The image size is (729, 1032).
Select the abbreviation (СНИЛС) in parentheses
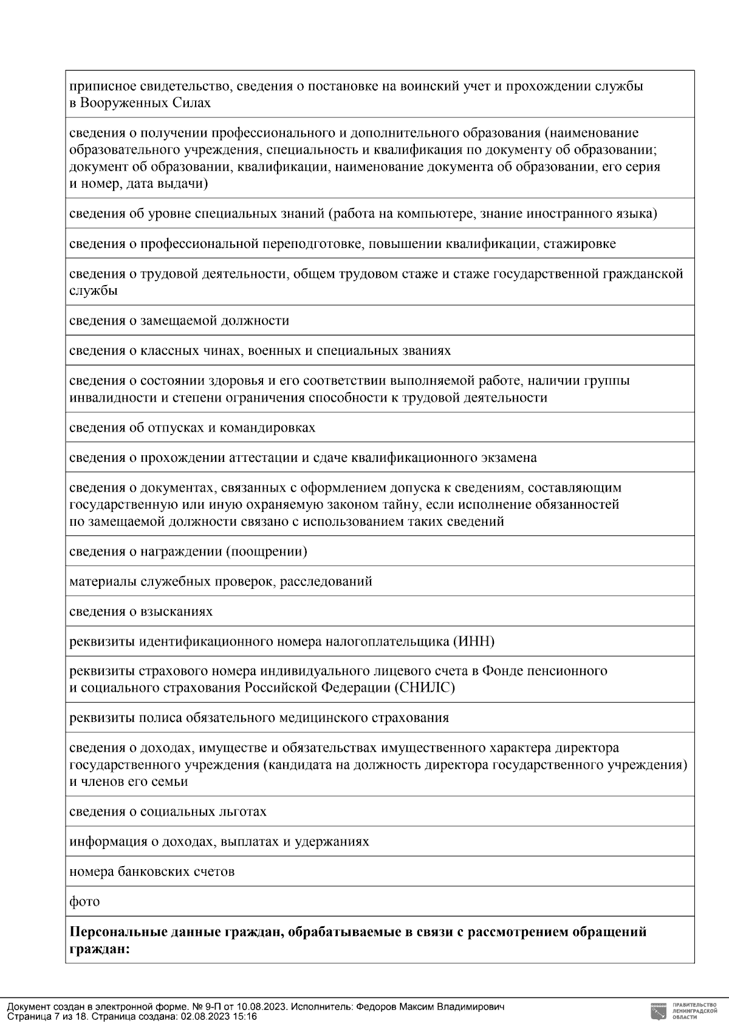425,687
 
